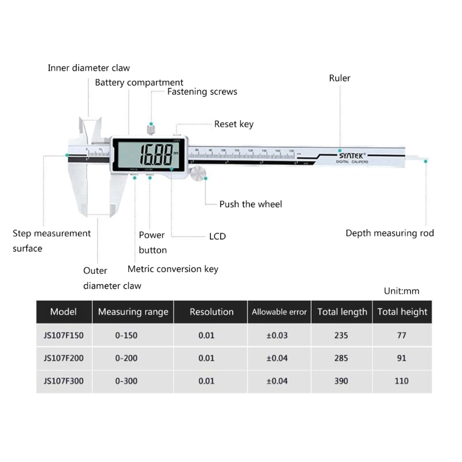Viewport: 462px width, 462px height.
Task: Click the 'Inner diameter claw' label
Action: click(88, 68)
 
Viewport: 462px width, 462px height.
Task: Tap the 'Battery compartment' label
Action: click(139, 83)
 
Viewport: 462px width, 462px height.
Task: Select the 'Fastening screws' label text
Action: click(202, 91)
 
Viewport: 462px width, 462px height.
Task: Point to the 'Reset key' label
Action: click(233, 124)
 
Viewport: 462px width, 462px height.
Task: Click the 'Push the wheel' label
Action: click(251, 204)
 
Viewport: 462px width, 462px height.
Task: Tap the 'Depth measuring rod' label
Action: click(389, 233)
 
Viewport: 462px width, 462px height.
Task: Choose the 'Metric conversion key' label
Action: click(173, 269)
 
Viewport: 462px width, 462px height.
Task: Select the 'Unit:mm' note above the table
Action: click(401, 291)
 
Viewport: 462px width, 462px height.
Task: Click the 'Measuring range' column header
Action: click(133, 312)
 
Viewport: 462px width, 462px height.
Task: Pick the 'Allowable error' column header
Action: click(279, 312)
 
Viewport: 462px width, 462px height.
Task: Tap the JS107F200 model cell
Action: click(64, 358)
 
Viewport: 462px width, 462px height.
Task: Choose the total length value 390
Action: click(341, 381)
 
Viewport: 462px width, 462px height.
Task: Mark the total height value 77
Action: click(402, 336)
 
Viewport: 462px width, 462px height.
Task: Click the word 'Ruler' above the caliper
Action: click(340, 78)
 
